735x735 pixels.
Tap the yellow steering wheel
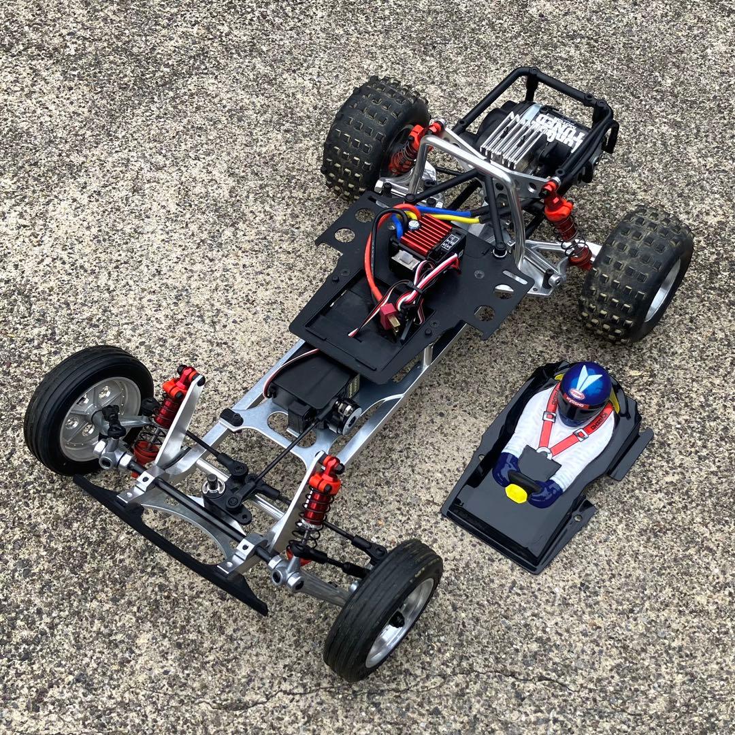click(520, 487)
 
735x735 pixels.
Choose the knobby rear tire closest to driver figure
click(636, 272)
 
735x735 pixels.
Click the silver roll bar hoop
click(476, 163)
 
